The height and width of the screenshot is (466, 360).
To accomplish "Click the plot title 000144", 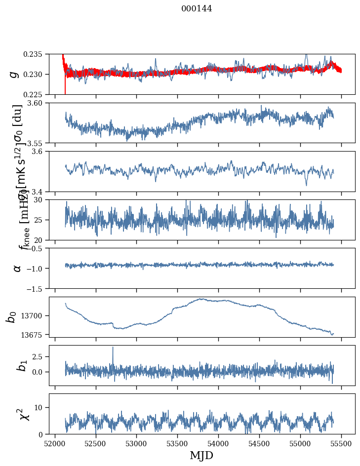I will click(197, 8).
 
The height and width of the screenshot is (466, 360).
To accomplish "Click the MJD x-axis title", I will click(201, 456).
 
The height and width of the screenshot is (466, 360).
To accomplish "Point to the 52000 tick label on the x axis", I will click(55, 443).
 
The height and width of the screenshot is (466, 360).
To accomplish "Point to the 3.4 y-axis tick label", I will click(39, 191).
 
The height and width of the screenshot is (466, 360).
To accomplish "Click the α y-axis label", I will click(17, 268).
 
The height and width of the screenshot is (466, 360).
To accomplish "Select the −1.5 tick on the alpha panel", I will click(37, 288).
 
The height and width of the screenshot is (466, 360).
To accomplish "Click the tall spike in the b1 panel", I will click(113, 348).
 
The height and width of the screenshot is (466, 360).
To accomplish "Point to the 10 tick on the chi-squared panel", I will click(41, 407).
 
